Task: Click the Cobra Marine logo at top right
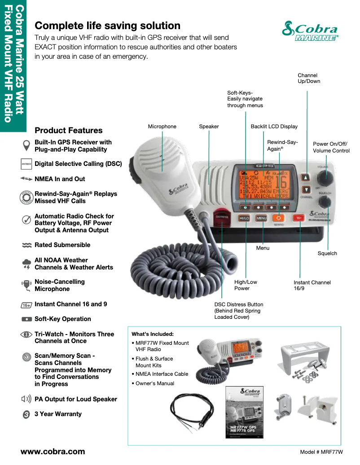pos(310,31)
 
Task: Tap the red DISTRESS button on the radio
pos(222,217)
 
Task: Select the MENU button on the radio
pos(261,218)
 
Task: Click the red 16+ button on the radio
pos(299,218)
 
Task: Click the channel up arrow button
pos(306,177)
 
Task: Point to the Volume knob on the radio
pos(328,177)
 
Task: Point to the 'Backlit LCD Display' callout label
pos(274,126)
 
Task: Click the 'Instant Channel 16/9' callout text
pos(312,286)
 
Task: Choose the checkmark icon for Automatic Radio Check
pos(26,220)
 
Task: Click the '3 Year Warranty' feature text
pos(58,414)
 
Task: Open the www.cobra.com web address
pos(53,451)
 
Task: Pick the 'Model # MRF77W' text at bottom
pos(321,452)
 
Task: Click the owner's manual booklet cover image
pos(244,412)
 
